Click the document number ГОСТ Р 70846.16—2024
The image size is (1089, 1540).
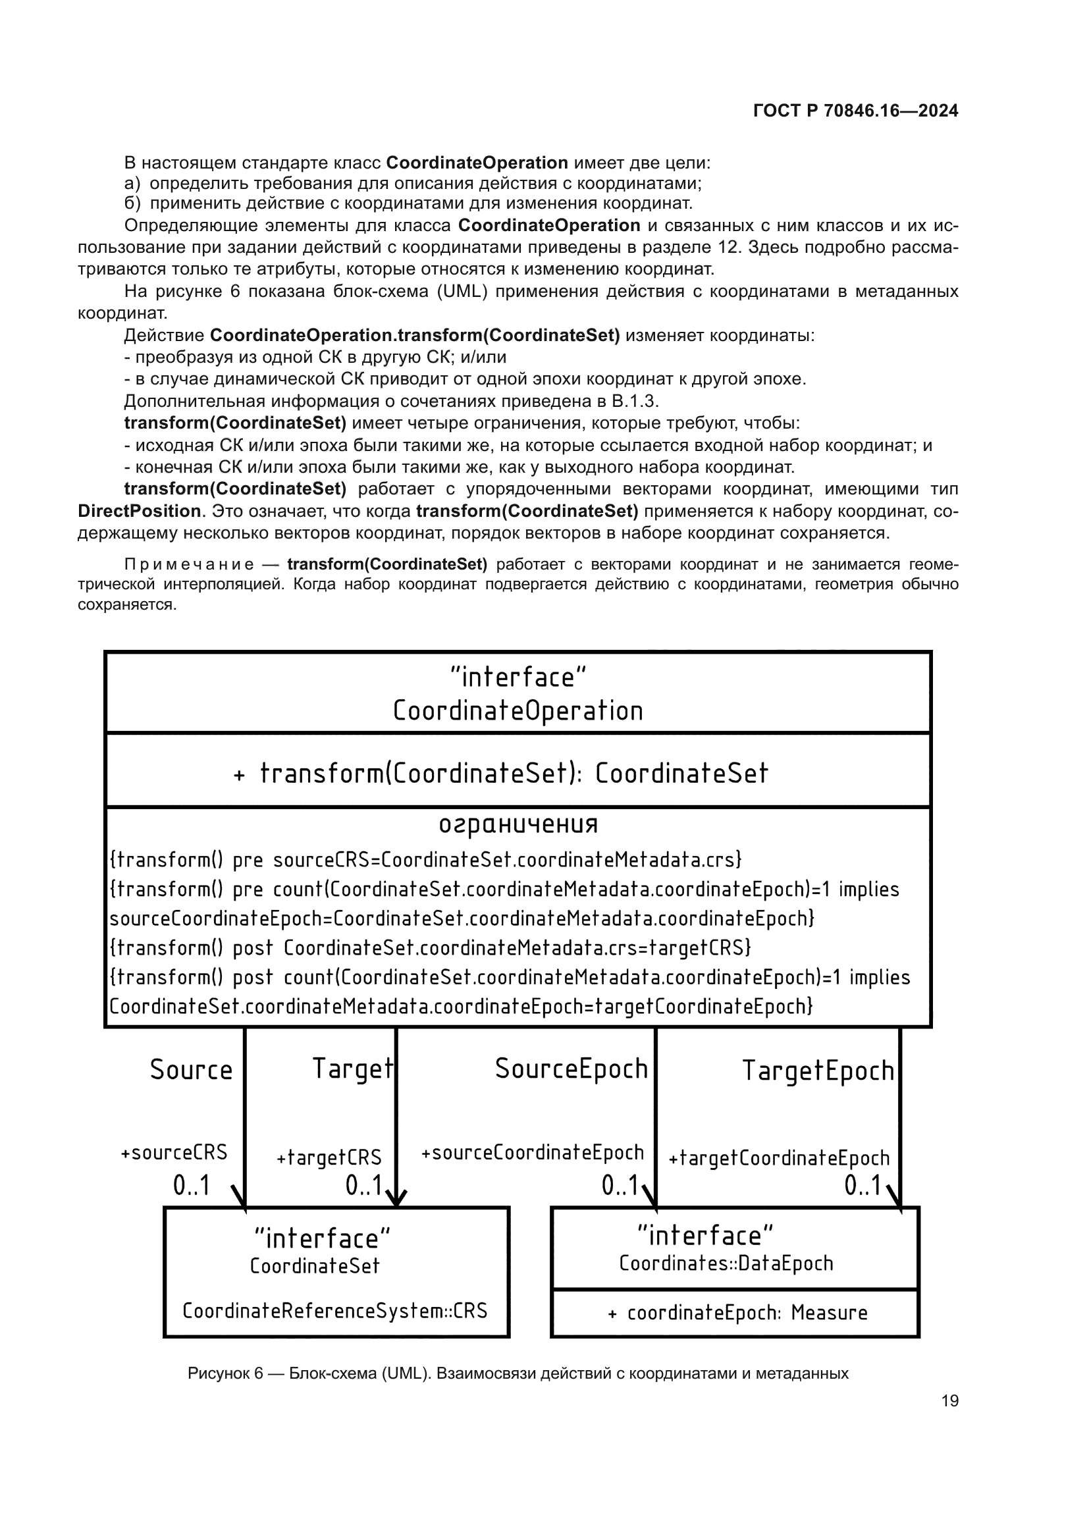tap(855, 111)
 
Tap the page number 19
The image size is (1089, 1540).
tap(949, 1400)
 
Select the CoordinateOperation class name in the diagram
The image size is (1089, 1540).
tap(517, 711)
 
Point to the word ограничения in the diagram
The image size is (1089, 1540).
tap(518, 824)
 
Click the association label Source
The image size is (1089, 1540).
tap(191, 1070)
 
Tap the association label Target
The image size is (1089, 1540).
tap(353, 1069)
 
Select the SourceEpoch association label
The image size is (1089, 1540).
tap(571, 1069)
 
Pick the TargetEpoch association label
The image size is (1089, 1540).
tap(818, 1071)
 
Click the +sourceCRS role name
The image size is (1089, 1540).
tap(174, 1152)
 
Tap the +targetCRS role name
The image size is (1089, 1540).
tap(329, 1157)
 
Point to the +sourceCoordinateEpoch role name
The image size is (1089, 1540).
tap(533, 1152)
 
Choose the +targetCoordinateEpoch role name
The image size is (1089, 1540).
tap(779, 1157)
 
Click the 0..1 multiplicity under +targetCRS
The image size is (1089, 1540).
tap(363, 1186)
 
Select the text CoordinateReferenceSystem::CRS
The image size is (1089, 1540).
tap(334, 1310)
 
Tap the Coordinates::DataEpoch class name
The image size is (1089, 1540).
tap(726, 1263)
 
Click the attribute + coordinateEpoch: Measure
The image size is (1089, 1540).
tap(737, 1313)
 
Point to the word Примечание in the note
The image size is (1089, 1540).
tap(189, 564)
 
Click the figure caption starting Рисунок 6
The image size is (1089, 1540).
tap(518, 1373)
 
